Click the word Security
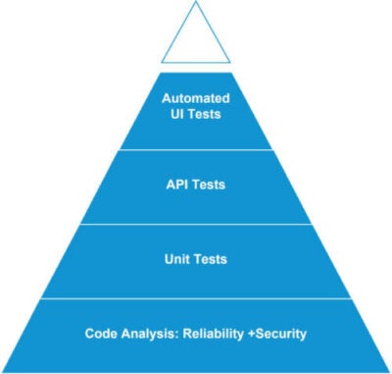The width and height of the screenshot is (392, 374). (279, 334)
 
